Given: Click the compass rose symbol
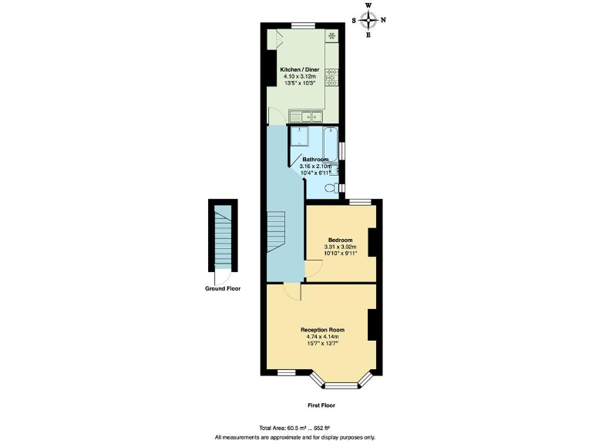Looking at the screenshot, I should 368,20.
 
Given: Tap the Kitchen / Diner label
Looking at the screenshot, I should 300,70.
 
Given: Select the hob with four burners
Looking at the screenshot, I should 331,76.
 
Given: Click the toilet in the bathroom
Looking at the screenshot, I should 331,187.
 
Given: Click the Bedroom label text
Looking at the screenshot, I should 341,240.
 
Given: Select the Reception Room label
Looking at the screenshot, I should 322,329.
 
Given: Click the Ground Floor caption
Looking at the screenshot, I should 223,289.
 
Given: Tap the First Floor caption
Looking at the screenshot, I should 321,405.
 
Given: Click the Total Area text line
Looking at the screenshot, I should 296,428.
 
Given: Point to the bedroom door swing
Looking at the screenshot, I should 314,269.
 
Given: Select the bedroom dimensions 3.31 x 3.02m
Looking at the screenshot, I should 341,247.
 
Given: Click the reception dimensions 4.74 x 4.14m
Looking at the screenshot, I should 322,336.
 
